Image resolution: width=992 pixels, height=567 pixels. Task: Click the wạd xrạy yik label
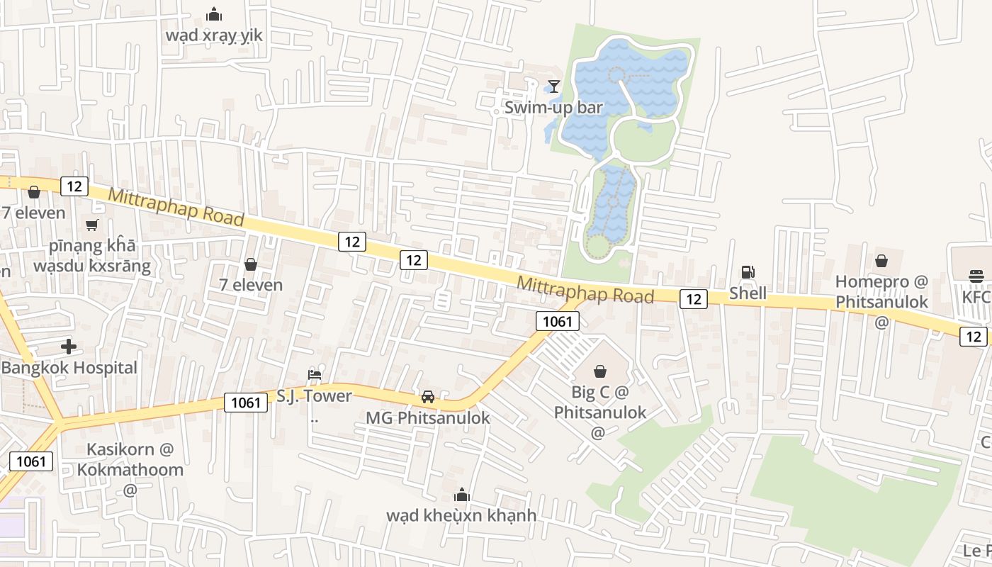coord(214,35)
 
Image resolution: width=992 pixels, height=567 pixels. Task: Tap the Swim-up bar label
coord(553,108)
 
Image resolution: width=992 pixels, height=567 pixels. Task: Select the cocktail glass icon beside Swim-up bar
coord(553,86)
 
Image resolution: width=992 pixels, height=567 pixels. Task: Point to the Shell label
coord(748,293)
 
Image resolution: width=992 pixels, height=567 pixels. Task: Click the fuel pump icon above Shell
coord(748,271)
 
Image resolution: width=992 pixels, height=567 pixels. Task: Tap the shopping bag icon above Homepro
coord(881,261)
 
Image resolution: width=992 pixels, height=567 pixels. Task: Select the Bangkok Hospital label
coord(69,368)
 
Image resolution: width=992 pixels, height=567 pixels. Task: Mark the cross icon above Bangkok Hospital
coord(69,347)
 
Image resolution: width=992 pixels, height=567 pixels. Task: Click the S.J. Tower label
coord(314,395)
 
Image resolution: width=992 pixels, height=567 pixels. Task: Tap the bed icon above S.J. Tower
coord(315,374)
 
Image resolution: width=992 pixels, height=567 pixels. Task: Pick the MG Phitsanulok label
coord(428,417)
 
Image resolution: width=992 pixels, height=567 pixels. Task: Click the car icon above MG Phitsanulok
coord(428,397)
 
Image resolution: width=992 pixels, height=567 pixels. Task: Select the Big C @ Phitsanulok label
coord(600,401)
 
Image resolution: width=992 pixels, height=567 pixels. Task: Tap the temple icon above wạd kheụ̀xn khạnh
coord(462,494)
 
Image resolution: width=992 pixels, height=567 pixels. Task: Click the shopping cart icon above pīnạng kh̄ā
coord(91,225)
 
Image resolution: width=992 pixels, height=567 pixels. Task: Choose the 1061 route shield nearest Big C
coord(557,321)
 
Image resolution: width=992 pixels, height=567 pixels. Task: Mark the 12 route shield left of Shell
coord(694,299)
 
